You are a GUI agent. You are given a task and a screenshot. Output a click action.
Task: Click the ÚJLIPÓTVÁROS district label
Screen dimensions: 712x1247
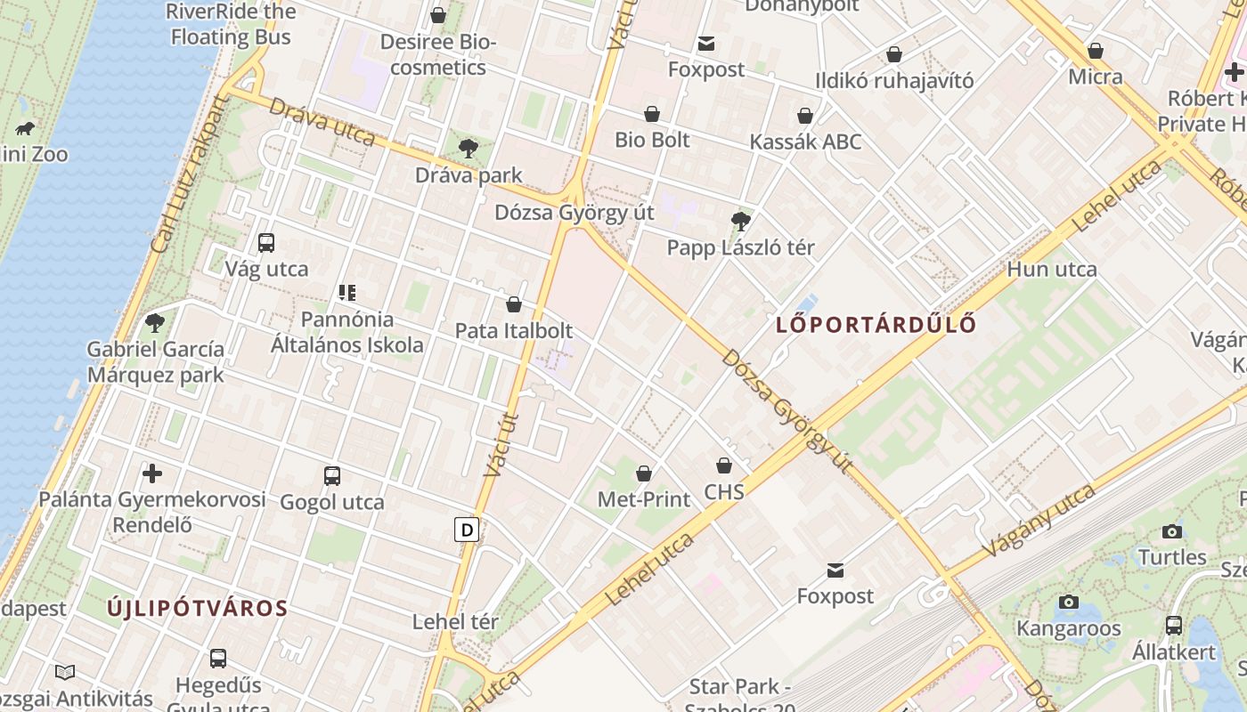point(198,609)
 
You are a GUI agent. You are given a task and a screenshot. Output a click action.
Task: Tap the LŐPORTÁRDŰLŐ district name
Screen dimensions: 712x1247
point(876,325)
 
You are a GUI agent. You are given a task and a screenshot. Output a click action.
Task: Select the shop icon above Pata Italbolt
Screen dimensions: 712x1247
point(514,305)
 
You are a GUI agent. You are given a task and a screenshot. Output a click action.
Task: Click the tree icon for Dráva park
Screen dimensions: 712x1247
point(469,149)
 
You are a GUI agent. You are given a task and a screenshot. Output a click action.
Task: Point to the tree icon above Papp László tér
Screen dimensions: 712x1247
point(740,221)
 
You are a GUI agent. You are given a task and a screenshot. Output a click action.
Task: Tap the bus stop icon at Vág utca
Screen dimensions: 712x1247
point(265,243)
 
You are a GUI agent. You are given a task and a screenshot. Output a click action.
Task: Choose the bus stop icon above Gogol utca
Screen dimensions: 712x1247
point(332,476)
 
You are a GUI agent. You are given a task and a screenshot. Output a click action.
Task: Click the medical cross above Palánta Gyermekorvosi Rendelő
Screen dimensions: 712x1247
point(152,473)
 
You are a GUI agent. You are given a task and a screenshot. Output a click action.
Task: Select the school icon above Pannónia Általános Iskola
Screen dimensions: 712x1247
point(347,292)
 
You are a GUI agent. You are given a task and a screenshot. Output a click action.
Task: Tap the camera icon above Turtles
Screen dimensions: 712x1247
point(1172,532)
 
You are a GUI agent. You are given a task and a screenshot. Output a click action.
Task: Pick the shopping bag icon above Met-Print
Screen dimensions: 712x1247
point(644,473)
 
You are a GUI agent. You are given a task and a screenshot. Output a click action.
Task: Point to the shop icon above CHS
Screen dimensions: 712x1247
point(724,465)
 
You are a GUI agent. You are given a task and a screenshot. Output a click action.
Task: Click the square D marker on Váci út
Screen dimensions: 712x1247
point(467,530)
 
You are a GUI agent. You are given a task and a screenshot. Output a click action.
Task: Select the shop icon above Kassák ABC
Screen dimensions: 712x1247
point(805,116)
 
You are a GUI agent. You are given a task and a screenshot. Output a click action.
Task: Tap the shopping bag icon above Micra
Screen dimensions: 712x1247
point(1096,51)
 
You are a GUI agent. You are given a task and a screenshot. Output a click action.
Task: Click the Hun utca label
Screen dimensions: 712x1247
point(1052,270)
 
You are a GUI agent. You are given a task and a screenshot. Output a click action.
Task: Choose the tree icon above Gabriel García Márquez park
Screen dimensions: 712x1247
point(155,322)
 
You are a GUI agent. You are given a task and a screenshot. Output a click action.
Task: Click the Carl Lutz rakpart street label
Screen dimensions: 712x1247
point(189,174)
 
